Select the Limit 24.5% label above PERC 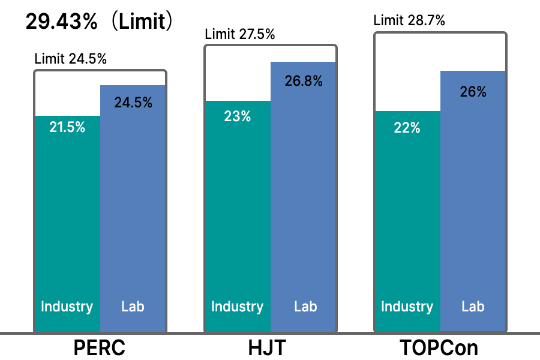[x=71, y=59]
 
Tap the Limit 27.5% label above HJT [x=240, y=34]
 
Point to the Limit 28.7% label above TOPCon [x=409, y=20]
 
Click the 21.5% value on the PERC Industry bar [x=67, y=127]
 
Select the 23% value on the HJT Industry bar [x=238, y=116]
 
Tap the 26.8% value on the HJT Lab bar [x=304, y=80]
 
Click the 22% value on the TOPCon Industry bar [x=407, y=127]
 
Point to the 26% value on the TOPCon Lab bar [x=473, y=91]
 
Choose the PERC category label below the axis [x=100, y=348]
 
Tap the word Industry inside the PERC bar [x=67, y=307]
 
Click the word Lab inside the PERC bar [x=133, y=307]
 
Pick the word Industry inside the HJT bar [x=238, y=307]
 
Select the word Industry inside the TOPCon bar [x=407, y=307]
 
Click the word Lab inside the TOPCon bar [x=473, y=307]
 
